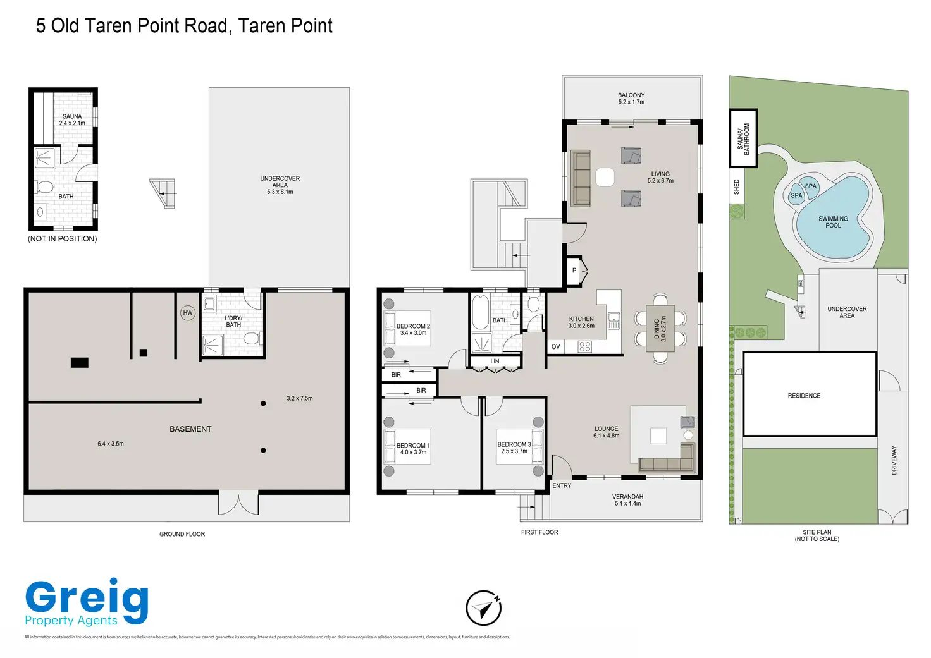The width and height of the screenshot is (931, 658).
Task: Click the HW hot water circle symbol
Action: pos(188,313)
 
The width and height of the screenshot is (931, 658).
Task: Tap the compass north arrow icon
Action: pos(484,608)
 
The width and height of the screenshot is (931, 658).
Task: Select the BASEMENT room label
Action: pos(190,429)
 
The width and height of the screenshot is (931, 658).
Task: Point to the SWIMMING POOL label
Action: pos(833,222)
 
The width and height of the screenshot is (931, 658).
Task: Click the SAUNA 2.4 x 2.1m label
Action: pos(72,119)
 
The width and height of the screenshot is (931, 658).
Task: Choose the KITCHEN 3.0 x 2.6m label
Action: pos(581,322)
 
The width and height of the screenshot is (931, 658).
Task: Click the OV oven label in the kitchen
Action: pos(555,347)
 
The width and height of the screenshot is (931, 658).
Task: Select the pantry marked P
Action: pos(574,271)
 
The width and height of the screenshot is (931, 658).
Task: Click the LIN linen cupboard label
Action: pos(495,362)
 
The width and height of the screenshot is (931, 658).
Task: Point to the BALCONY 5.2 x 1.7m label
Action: pos(631,98)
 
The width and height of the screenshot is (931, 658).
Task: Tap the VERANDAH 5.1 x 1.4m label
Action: pos(627,500)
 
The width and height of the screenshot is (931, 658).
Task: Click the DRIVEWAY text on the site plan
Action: pos(894,460)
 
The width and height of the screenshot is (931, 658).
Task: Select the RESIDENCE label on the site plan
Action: pos(804,396)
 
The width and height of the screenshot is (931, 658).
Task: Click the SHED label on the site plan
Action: pos(736,187)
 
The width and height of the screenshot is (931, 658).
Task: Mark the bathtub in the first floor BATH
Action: pos(480,312)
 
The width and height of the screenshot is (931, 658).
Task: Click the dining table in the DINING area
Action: pos(660,329)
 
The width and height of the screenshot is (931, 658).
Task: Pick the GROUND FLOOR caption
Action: pos(182,534)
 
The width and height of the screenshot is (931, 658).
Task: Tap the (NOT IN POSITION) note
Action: pos(63,239)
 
